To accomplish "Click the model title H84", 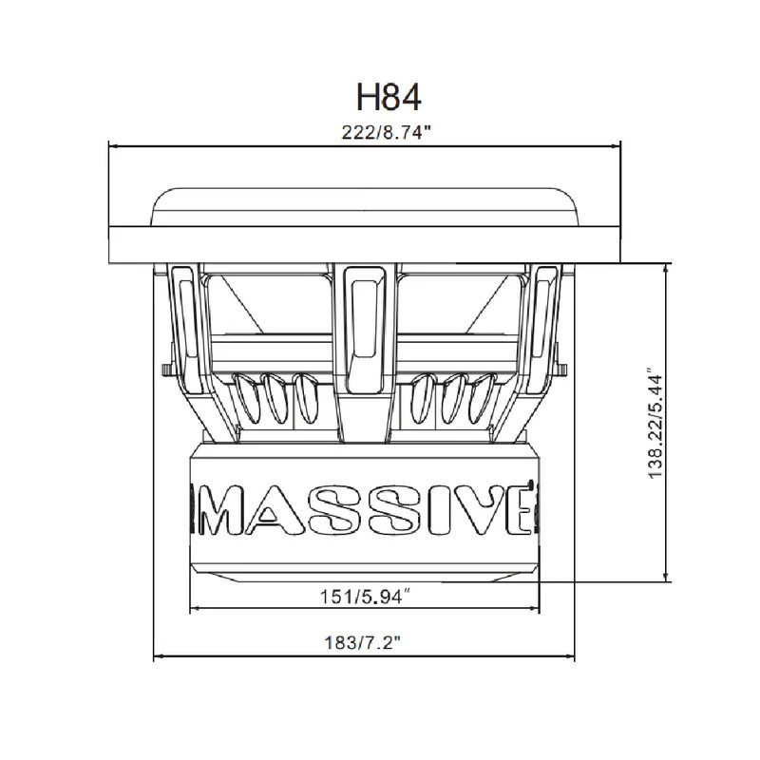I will click(387, 95).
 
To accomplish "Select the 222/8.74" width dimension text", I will click(387, 134).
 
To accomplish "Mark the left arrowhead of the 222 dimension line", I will click(114, 146).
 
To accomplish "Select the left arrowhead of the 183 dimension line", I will click(159, 655).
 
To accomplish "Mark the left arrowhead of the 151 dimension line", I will click(196, 610).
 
